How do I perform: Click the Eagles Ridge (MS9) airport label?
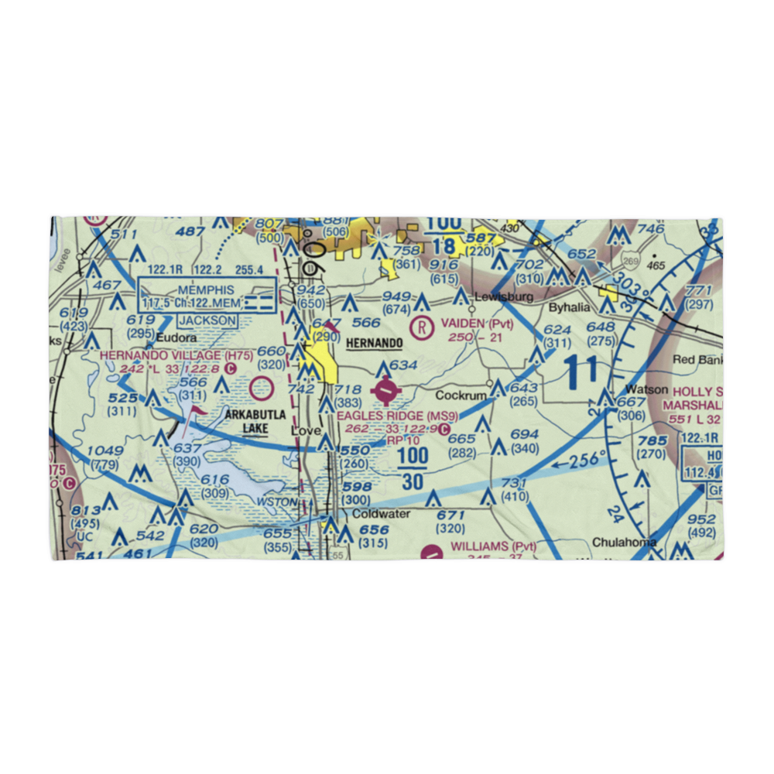pos(397,416)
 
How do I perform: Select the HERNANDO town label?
pos(375,342)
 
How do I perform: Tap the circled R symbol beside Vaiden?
pos(422,327)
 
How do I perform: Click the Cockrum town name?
pos(465,395)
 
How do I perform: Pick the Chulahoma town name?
pos(625,542)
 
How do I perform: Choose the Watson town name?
pos(646,389)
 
